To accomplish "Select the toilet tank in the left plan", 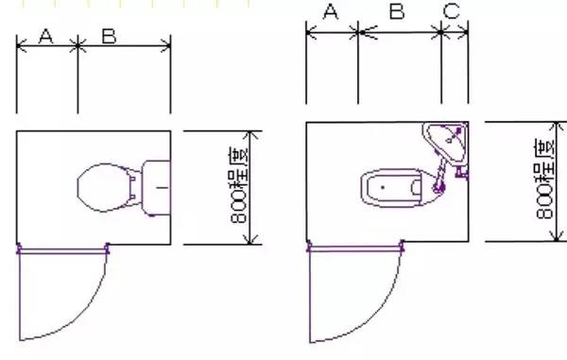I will (156, 187).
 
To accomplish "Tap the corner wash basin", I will (449, 144).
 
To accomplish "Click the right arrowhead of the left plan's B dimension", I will (167, 45).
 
